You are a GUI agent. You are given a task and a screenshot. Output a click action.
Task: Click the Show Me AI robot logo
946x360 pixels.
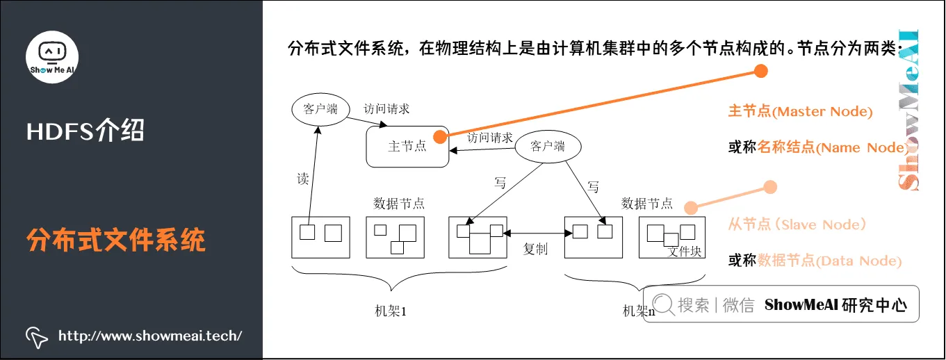pos(52,56)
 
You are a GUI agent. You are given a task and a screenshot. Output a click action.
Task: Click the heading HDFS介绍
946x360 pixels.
pos(85,130)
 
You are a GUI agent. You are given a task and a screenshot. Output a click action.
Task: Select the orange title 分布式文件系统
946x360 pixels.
pos(117,240)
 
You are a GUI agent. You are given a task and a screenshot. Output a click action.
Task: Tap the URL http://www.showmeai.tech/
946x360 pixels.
pos(150,336)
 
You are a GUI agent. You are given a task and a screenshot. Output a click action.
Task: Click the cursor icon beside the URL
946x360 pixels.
pos(37,336)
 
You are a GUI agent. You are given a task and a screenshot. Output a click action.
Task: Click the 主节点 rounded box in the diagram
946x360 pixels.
pos(407,147)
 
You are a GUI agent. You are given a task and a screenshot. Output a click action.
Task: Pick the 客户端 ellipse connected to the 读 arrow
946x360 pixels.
pos(320,109)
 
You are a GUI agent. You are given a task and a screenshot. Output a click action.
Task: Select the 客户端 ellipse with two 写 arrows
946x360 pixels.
pos(548,147)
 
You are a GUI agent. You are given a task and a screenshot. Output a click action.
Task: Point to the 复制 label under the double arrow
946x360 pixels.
pos(535,249)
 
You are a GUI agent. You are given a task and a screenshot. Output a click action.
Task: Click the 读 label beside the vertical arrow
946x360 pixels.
pos(302,179)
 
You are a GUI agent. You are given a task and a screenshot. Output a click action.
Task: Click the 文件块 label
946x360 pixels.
pos(685,252)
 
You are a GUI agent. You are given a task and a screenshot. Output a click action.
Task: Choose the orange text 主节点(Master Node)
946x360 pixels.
pos(800,111)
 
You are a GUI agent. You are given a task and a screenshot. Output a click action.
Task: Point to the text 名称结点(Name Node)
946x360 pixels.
pos(831,147)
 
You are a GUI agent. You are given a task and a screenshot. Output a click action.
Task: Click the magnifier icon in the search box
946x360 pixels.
pos(662,304)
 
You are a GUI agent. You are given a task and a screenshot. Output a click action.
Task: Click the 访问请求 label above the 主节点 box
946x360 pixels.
pos(387,108)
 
